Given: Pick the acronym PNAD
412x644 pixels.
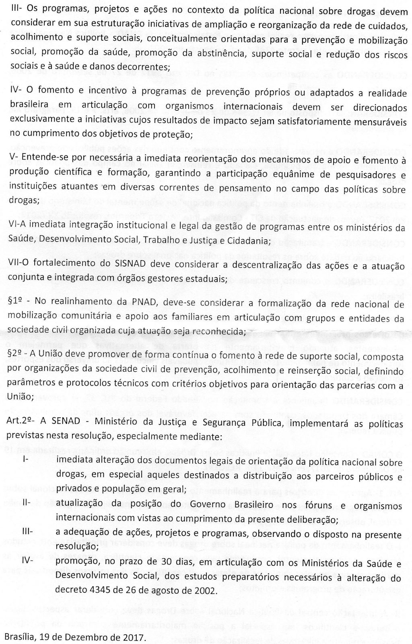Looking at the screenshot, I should pos(118,304).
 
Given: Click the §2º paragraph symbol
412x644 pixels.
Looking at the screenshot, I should pos(16,357).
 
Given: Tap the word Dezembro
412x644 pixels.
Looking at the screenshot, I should pos(91,638).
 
